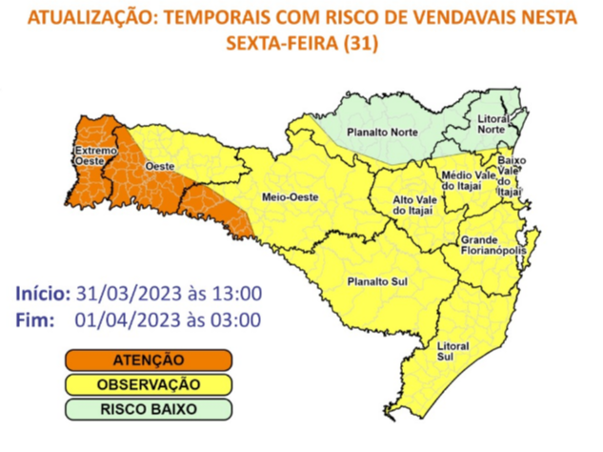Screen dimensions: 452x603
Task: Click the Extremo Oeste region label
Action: (x=90, y=157)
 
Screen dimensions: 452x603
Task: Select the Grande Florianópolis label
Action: (x=492, y=245)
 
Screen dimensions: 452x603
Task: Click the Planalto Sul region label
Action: (x=372, y=281)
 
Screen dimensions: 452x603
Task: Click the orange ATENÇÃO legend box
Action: (x=148, y=360)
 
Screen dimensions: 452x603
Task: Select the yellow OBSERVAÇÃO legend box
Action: (x=148, y=385)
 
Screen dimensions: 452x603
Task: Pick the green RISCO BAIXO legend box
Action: (x=148, y=409)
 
